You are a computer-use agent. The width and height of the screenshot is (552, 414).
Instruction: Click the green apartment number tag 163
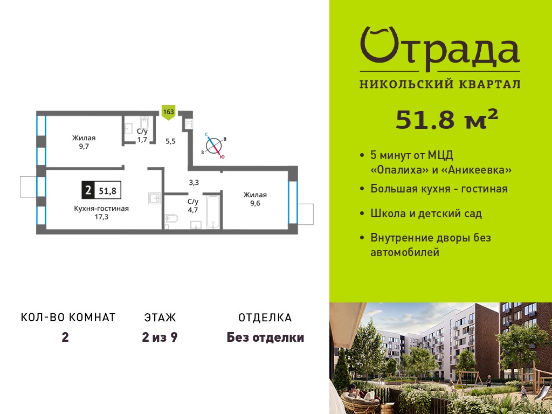pyautogui.click(x=168, y=112)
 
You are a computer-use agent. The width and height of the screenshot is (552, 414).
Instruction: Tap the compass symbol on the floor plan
pyautogui.click(x=215, y=146)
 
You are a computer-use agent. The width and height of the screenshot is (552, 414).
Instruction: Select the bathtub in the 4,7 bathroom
pyautogui.click(x=213, y=212)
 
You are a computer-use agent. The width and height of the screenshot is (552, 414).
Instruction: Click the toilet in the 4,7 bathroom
pyautogui.click(x=171, y=219)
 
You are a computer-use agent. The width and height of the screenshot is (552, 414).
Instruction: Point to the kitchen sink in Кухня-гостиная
pyautogui.click(x=155, y=198)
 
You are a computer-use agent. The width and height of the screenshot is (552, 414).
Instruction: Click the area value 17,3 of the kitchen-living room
pyautogui.click(x=101, y=217)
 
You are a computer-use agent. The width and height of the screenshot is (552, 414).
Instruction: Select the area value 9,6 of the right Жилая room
pyautogui.click(x=255, y=203)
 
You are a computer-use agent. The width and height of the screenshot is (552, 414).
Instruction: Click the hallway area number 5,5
pyautogui.click(x=170, y=142)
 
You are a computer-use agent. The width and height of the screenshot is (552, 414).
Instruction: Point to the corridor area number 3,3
pyautogui.click(x=194, y=182)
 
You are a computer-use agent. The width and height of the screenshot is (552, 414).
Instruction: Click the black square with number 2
pyautogui.click(x=88, y=191)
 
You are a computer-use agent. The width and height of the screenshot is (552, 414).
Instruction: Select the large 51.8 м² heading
pyautogui.click(x=447, y=120)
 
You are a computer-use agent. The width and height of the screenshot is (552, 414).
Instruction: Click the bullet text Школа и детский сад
pyautogui.click(x=426, y=213)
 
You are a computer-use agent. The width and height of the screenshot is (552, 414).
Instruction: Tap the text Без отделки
pyautogui.click(x=265, y=337)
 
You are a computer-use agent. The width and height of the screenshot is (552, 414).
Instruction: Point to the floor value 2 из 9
pyautogui.click(x=160, y=337)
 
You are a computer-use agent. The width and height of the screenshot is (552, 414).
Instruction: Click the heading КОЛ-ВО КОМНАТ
pyautogui.click(x=68, y=318)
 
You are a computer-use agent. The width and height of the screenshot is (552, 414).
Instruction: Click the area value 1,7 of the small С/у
pyautogui.click(x=142, y=140)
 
